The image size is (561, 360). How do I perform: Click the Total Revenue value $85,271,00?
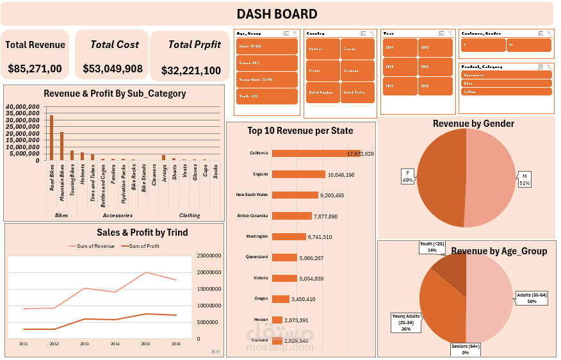click(35, 69)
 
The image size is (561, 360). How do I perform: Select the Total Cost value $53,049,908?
click(113, 69)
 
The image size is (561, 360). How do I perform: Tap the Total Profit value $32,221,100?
click(191, 70)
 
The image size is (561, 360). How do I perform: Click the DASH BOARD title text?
click(277, 14)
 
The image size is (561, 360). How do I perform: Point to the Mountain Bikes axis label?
click(62, 180)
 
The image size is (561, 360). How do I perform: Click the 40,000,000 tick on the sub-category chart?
click(25, 106)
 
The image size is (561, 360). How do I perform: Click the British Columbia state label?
click(252, 216)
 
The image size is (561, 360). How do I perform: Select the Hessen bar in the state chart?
click(277, 320)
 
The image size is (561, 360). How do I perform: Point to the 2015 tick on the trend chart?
click(145, 344)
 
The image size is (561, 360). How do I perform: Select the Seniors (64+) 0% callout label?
click(465, 349)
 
